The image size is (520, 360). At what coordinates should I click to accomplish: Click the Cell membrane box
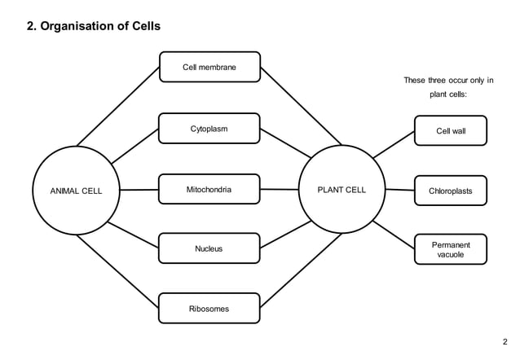[209, 67]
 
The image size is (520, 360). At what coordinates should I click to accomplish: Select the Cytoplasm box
[209, 129]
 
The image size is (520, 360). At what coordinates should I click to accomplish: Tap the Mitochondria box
[209, 189]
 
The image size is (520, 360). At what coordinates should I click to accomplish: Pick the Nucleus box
[209, 248]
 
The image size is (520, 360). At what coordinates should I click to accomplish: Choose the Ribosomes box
[209, 309]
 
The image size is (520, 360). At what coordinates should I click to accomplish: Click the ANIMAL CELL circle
[77, 190]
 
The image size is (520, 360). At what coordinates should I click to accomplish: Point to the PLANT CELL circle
[342, 190]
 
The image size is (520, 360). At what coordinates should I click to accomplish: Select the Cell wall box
[451, 130]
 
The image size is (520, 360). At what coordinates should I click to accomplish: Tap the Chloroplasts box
[451, 191]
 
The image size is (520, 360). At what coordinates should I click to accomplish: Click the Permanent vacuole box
[451, 249]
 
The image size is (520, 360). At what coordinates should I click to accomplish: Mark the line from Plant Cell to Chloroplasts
[399, 190]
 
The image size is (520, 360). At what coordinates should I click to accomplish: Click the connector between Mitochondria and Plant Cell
[280, 189]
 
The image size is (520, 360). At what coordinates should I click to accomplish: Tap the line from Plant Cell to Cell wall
[394, 143]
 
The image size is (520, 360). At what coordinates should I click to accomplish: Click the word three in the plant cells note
[444, 80]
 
